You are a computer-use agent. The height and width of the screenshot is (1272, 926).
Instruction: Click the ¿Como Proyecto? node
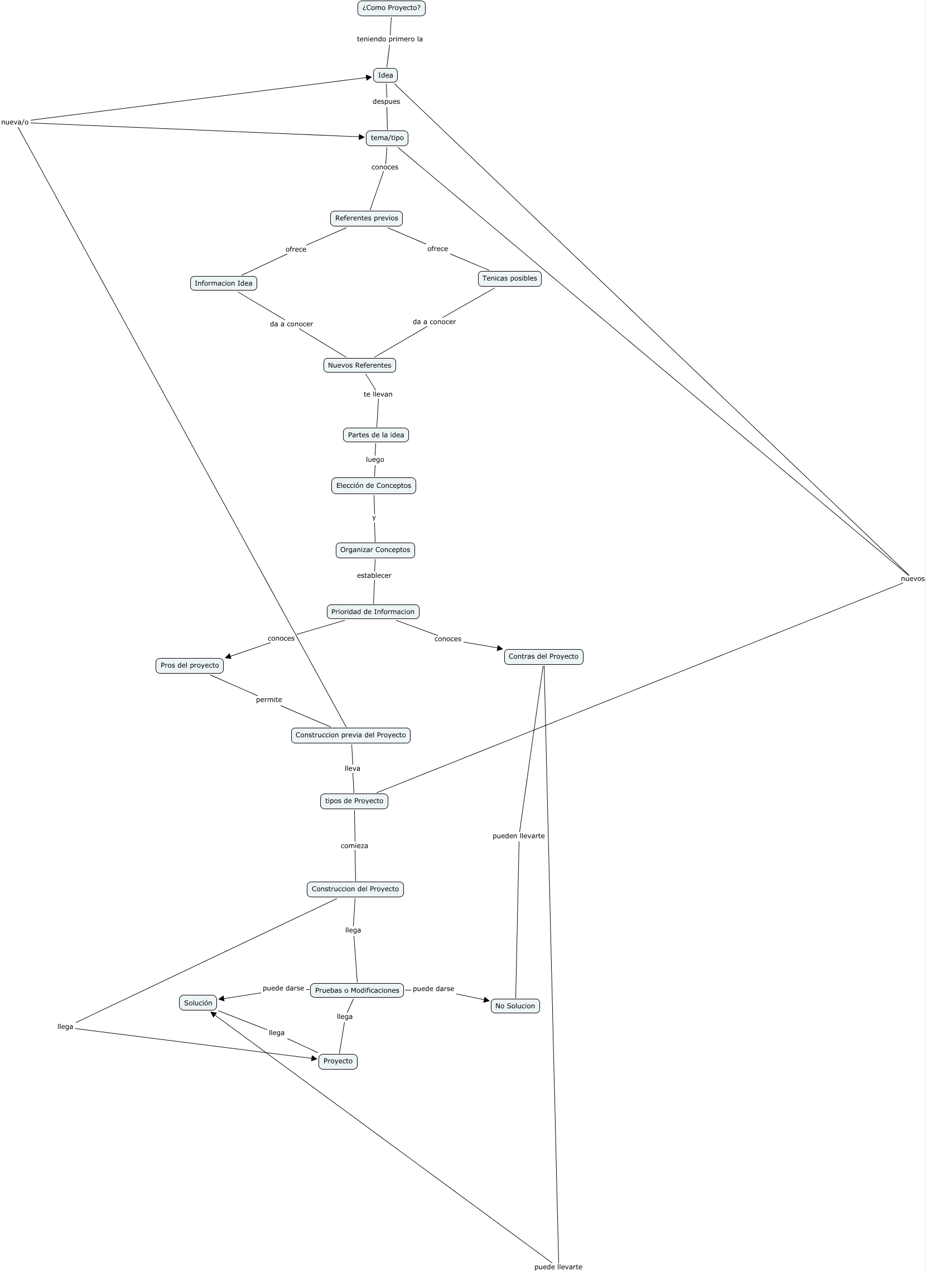[391, 8]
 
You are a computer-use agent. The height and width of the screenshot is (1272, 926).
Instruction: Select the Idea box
[385, 75]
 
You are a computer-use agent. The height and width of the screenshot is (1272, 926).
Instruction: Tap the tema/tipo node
[387, 138]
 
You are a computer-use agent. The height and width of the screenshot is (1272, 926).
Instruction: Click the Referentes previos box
[366, 218]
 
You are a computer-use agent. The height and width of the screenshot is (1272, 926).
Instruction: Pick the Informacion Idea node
[223, 283]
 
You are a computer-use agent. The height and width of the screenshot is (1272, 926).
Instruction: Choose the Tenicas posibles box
[509, 278]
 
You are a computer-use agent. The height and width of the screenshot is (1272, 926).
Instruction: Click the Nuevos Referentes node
[359, 365]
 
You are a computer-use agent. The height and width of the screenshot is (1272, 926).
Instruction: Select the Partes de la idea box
[376, 434]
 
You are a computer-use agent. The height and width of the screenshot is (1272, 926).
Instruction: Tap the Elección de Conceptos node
[374, 486]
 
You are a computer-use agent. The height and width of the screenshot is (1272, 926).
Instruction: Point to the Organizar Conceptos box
[375, 550]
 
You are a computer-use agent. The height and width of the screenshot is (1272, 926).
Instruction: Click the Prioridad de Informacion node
[373, 612]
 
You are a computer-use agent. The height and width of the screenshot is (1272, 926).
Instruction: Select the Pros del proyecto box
[190, 665]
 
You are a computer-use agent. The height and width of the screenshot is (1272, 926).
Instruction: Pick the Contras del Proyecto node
[543, 656]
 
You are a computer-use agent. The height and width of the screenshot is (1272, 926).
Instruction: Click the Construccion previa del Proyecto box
[350, 735]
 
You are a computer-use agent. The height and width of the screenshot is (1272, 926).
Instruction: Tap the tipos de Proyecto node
[354, 801]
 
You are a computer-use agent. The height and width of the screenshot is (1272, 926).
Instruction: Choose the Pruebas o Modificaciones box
[357, 990]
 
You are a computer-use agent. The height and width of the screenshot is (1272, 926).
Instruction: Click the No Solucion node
[515, 1005]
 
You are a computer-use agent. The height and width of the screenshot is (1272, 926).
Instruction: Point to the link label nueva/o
[15, 122]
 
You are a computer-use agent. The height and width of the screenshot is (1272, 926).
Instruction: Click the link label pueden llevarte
[518, 836]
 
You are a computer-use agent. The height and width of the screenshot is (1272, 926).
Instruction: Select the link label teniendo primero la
[390, 39]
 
